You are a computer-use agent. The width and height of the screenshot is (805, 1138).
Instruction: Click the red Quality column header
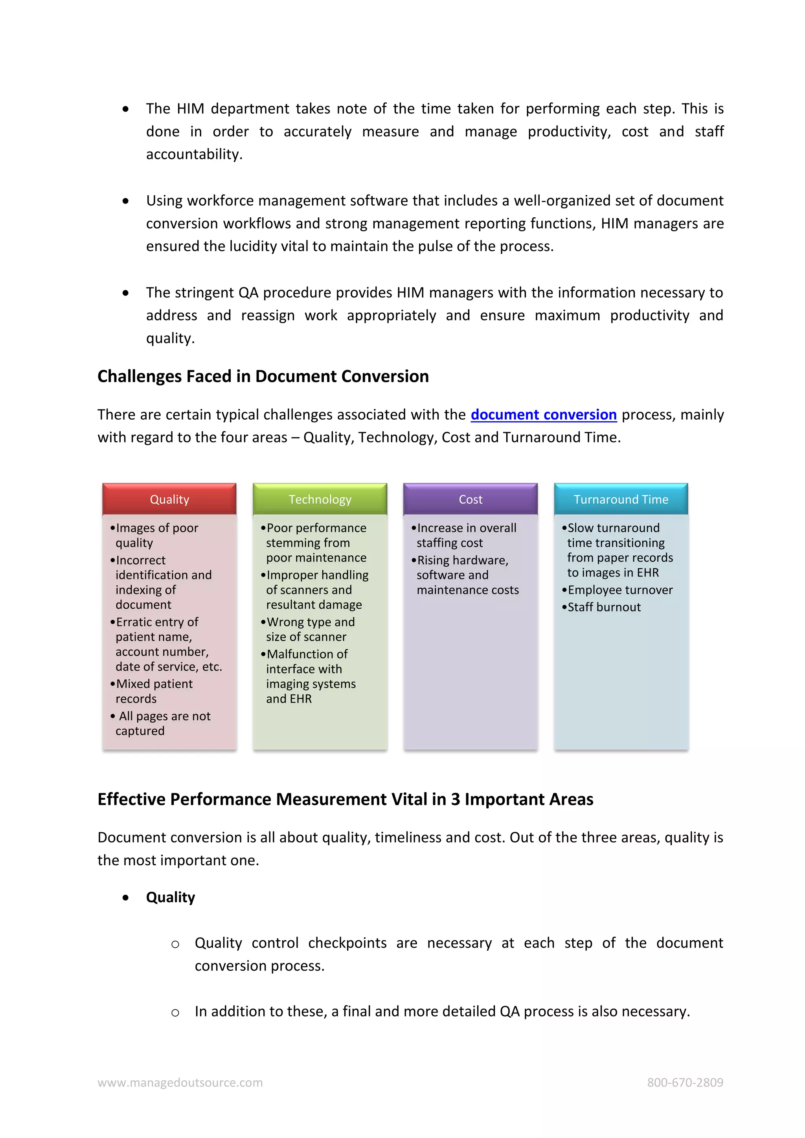tap(169, 499)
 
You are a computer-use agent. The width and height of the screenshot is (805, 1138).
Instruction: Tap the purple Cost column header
tap(471, 499)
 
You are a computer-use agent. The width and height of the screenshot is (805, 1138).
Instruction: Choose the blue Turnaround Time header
tap(621, 499)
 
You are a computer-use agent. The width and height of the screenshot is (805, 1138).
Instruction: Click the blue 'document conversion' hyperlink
tap(543, 414)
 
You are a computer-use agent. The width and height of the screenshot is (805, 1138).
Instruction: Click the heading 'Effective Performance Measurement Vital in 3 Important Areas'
tap(345, 799)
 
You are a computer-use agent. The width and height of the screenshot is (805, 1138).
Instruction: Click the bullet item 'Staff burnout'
tap(604, 607)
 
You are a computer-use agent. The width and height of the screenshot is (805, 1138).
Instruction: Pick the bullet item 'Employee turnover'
tap(619, 590)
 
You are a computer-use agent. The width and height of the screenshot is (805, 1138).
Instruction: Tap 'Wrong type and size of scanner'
tap(310, 629)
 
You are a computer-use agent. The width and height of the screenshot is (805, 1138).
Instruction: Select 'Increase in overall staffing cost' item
tap(466, 535)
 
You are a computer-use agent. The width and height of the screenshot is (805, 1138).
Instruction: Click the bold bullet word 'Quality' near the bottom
tap(171, 897)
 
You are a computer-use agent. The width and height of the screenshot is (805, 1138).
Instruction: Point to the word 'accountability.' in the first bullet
tap(194, 154)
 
